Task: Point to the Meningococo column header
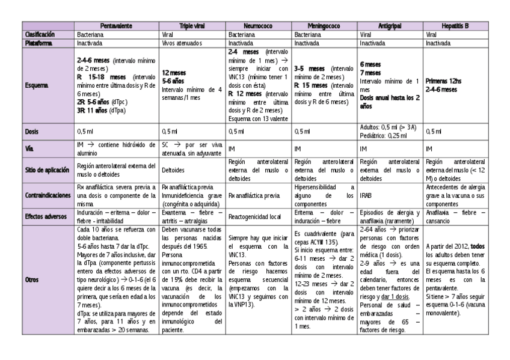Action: (x=325, y=26)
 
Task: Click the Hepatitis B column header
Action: (x=455, y=26)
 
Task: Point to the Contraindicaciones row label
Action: (x=48, y=196)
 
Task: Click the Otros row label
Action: (x=32, y=280)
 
